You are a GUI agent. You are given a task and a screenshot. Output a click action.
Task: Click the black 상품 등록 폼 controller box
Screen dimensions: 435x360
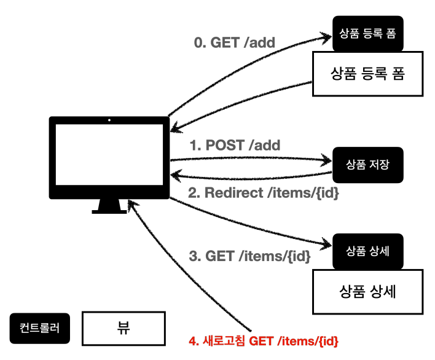[x=368, y=34]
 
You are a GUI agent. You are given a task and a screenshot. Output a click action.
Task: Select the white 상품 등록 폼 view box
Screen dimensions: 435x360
[x=368, y=74]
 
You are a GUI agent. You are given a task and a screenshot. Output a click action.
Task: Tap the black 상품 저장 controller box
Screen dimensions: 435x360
[x=368, y=165]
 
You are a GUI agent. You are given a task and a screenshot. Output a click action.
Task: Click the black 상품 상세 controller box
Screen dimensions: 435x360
[x=368, y=251]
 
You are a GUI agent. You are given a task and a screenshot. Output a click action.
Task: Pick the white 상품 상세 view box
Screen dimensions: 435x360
[x=368, y=292]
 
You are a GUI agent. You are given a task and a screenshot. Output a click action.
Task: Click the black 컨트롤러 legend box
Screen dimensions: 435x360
[x=40, y=329]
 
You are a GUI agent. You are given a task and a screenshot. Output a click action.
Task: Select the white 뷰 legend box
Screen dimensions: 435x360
[x=123, y=329]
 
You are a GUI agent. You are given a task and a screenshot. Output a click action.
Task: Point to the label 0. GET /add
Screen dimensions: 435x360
[x=235, y=42]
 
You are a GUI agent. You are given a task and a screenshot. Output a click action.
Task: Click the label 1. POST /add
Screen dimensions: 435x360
[x=235, y=145]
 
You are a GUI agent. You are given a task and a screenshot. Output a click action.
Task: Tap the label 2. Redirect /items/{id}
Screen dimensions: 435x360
[x=264, y=193]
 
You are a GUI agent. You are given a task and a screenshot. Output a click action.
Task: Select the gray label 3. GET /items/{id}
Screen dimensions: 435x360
[x=249, y=256]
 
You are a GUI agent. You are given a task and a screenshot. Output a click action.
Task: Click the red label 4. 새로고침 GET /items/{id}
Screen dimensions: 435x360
[x=264, y=341]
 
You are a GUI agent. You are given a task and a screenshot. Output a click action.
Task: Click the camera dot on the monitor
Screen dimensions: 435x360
[x=109, y=120]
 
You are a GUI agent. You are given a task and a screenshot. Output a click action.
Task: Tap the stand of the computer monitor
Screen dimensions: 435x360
[x=109, y=206]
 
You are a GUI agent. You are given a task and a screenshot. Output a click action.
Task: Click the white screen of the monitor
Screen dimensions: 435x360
[x=109, y=154]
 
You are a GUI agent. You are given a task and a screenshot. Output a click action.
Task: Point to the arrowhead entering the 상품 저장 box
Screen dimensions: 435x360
[x=327, y=160]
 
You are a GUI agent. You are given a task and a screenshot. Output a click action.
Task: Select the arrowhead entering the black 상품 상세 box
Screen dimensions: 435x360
[x=327, y=244]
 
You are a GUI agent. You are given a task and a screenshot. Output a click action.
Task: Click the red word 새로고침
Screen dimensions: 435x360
[x=224, y=341]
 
